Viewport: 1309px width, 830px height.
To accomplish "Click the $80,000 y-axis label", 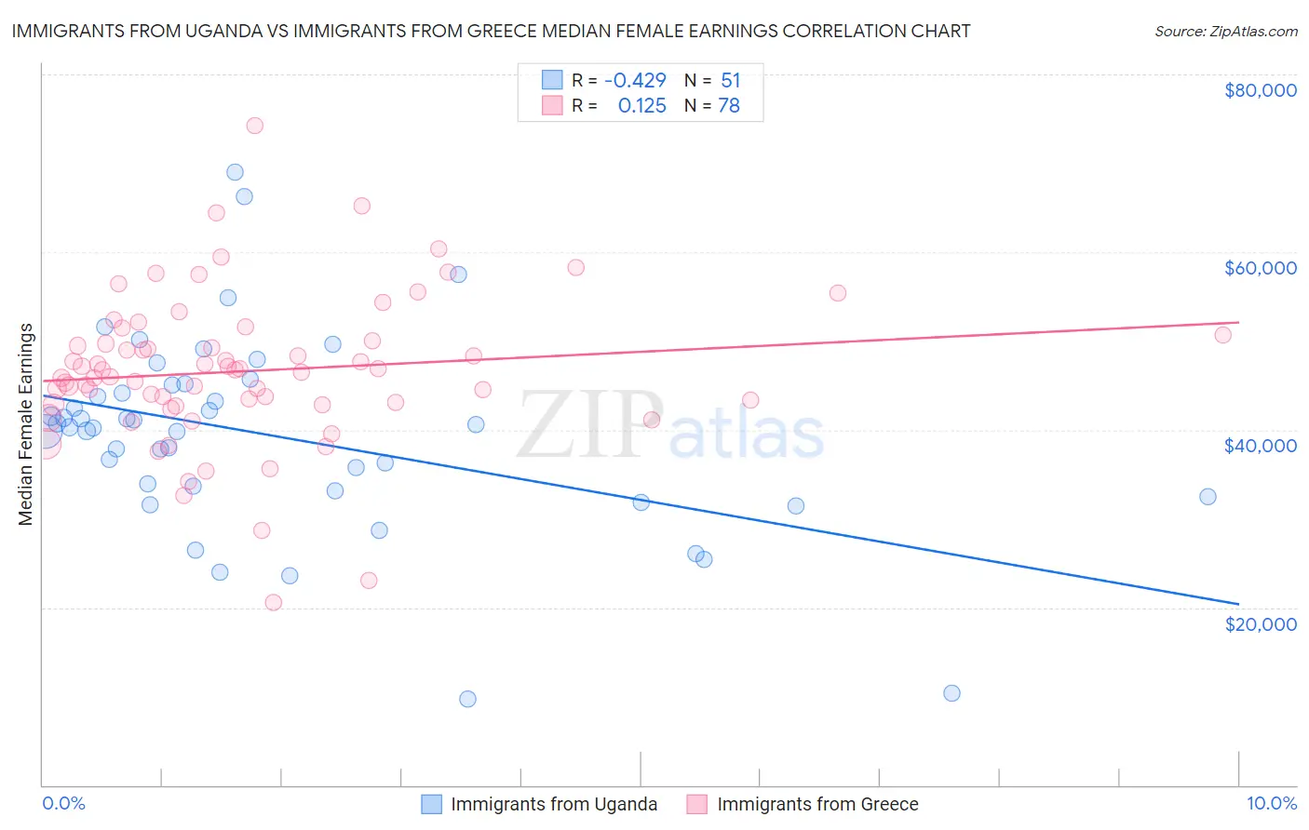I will (x=1260, y=90).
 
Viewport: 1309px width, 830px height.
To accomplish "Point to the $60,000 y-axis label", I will (x=1260, y=268).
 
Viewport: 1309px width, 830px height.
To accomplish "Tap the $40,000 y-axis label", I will (x=1260, y=446).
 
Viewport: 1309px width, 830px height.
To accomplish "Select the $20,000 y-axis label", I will (x=1260, y=623).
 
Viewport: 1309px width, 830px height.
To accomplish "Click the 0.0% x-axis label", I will (x=63, y=803).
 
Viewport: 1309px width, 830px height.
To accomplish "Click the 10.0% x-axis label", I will (x=1271, y=803).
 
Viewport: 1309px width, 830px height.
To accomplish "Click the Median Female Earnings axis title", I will (x=26, y=424).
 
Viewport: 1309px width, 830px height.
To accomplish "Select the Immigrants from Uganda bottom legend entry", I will (x=553, y=804).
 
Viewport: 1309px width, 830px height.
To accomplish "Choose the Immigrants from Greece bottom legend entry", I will (x=816, y=804).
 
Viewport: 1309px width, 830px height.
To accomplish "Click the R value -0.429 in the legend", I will (x=635, y=81).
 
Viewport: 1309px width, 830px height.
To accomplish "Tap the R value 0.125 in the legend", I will (x=641, y=106).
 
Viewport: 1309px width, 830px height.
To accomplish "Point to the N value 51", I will (x=730, y=81).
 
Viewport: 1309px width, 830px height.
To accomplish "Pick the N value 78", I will (x=728, y=106).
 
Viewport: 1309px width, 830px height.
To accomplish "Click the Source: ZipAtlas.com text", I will (x=1225, y=32).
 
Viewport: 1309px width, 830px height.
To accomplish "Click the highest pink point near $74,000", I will (x=254, y=126).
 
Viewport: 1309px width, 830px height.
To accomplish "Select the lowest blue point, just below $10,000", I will (x=467, y=699).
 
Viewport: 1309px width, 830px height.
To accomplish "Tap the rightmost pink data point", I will (x=1222, y=335).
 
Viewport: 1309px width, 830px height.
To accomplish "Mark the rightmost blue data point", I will (x=1208, y=497).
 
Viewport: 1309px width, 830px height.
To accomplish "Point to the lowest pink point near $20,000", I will (x=273, y=602).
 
